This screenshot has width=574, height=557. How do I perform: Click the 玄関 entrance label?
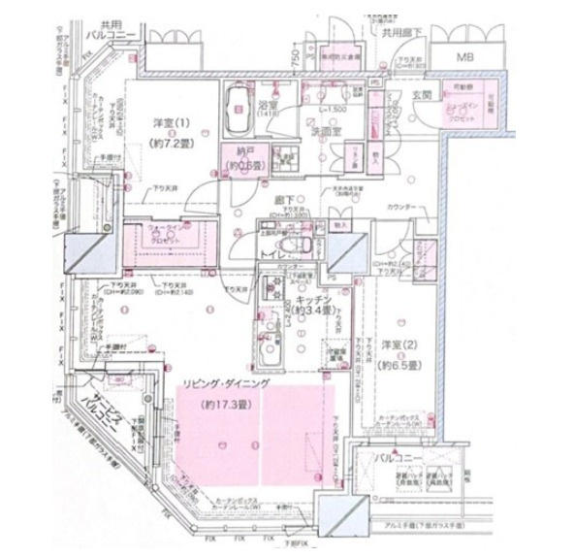coord(424,95)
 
